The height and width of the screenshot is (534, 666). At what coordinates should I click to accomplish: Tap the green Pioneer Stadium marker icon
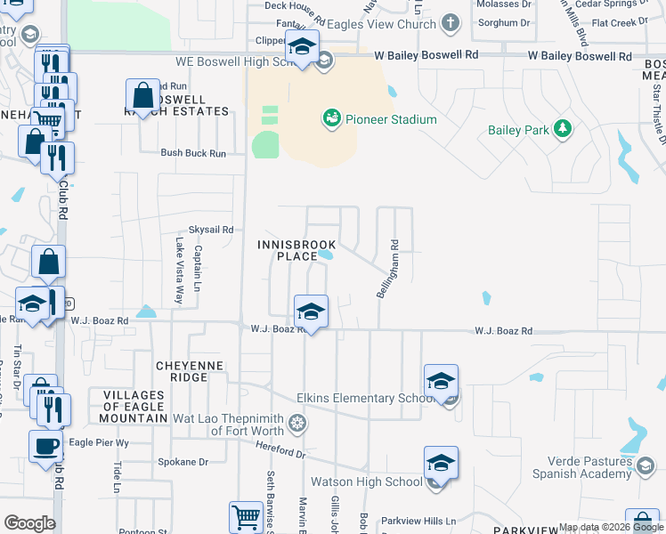coord(331,117)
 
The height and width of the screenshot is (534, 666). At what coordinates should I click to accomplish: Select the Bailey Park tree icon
coord(562,130)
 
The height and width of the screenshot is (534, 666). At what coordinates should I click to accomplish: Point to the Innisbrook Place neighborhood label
coord(288,250)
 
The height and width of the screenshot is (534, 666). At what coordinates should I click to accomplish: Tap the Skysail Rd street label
coord(210,229)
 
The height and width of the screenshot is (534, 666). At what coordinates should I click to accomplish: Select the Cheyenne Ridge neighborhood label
coord(182,371)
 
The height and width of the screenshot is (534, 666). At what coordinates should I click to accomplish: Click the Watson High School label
coord(366,482)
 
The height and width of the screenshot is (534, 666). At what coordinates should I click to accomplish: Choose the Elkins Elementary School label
coord(365,399)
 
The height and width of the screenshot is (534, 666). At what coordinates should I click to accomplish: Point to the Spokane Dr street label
coord(183,463)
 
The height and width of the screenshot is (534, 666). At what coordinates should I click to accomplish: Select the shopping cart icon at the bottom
coord(246,517)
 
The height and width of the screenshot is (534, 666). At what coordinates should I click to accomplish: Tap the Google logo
coord(29,523)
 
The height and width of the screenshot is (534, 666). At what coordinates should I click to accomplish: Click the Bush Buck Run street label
coord(193,153)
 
